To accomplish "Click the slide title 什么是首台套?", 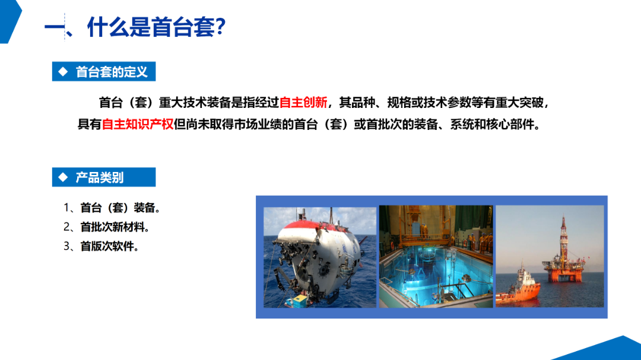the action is click(x=156, y=27).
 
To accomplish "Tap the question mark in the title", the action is click(x=220, y=27).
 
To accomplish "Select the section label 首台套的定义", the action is click(x=112, y=72).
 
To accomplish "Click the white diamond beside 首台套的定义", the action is click(x=63, y=72).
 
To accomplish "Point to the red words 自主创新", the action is click(x=303, y=102).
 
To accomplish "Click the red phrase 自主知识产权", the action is click(x=138, y=124).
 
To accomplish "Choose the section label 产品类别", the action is click(x=99, y=177).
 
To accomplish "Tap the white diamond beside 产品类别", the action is click(x=63, y=177).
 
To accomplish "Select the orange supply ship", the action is click(x=518, y=288).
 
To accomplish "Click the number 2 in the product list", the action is click(x=67, y=227).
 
